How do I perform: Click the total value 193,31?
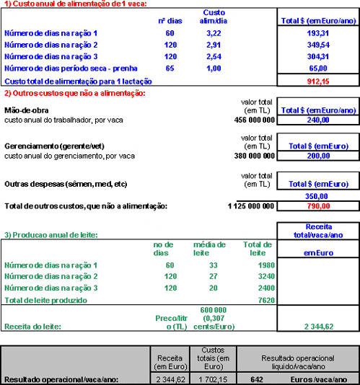coord(317,33)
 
